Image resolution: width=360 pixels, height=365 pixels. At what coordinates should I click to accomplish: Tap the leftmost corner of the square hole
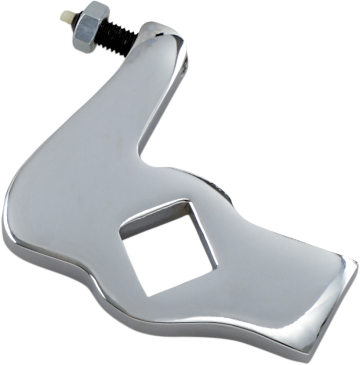click(x=119, y=236)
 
